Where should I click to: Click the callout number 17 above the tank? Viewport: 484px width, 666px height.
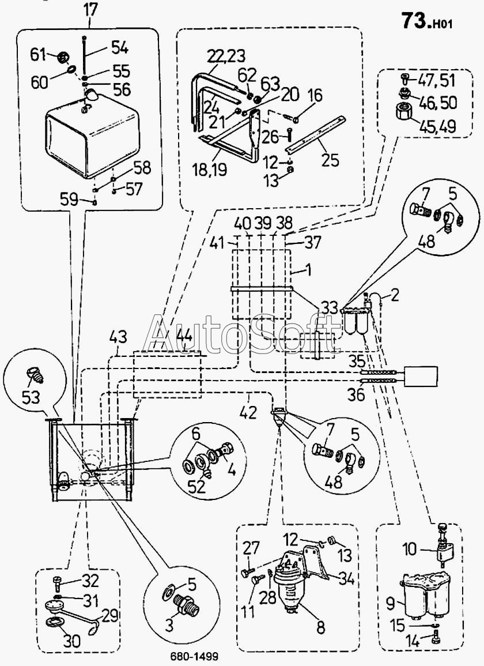(90, 10)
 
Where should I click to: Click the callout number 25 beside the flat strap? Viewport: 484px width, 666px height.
(330, 160)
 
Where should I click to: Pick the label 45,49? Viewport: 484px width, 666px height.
(438, 127)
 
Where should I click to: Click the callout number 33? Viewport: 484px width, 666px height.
(329, 308)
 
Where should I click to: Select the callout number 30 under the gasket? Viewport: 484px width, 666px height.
(71, 641)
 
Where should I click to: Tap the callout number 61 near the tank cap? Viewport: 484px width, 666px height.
(38, 55)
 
